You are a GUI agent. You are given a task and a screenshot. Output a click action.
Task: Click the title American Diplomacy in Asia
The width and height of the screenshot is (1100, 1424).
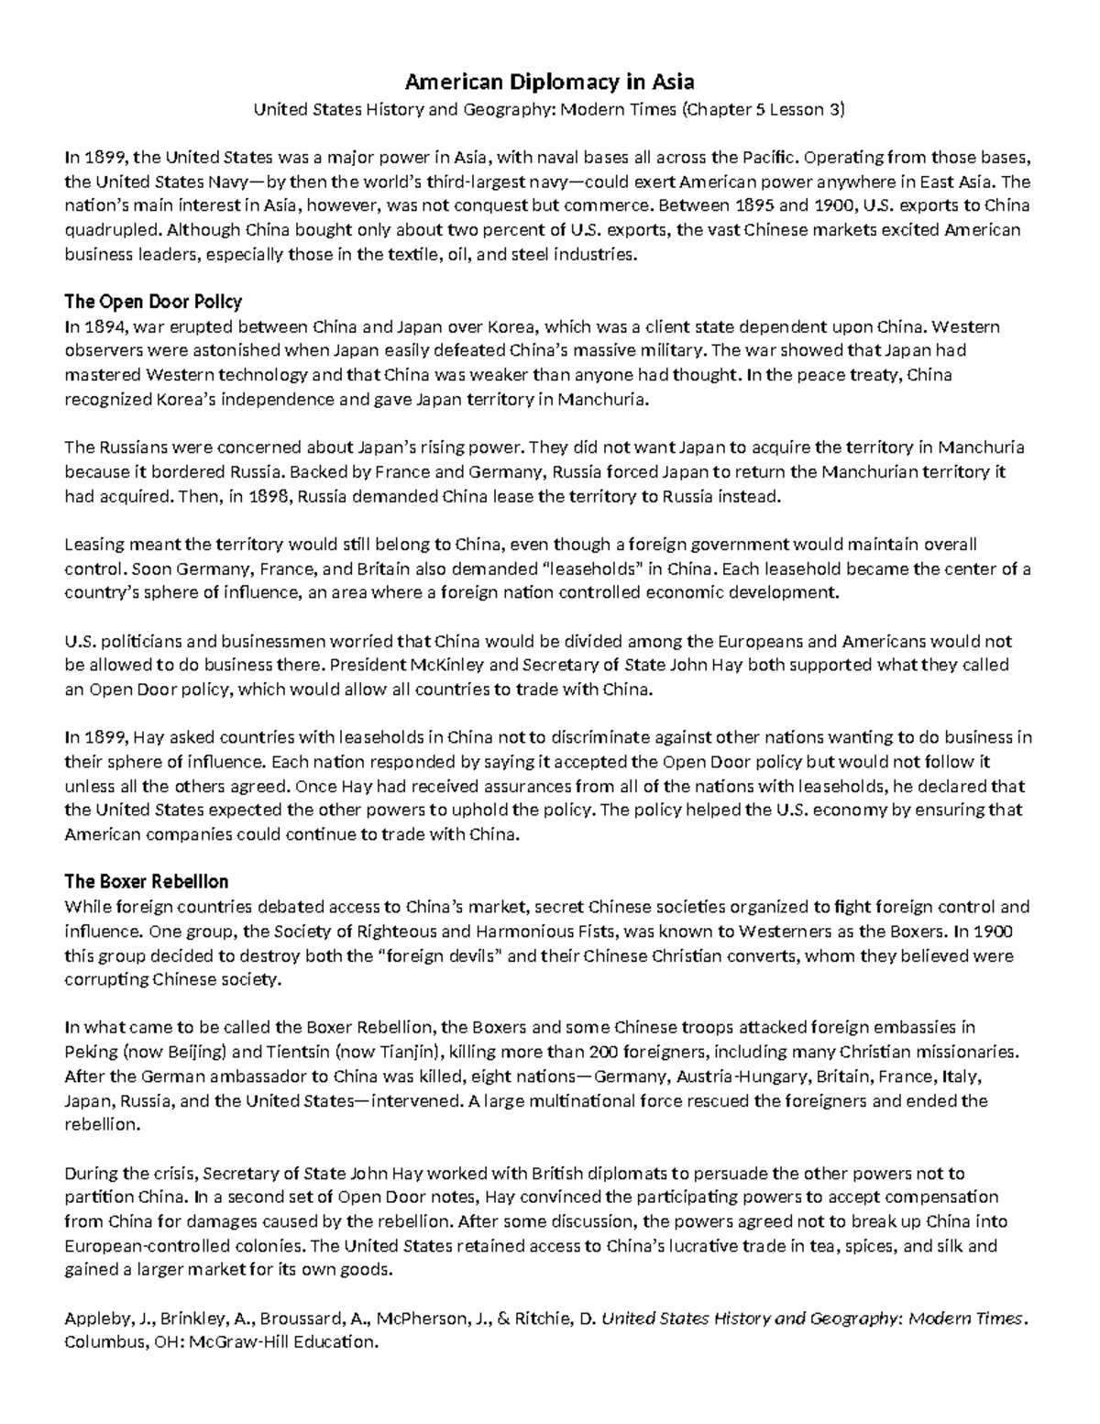pos(549,83)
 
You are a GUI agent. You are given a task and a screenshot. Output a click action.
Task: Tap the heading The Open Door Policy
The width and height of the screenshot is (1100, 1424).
pos(152,302)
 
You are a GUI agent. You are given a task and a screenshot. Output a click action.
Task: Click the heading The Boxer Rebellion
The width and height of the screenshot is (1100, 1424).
pos(146,881)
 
